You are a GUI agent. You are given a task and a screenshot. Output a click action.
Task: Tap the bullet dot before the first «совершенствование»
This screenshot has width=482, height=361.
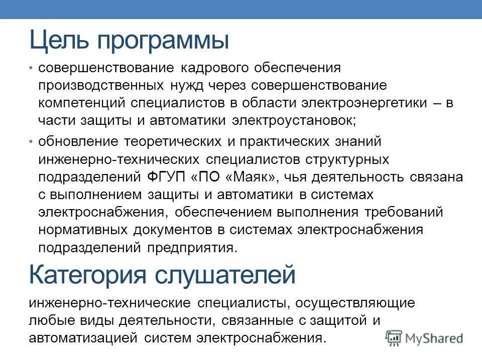(31, 68)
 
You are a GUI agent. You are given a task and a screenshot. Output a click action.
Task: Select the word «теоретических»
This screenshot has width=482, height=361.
(169, 142)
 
